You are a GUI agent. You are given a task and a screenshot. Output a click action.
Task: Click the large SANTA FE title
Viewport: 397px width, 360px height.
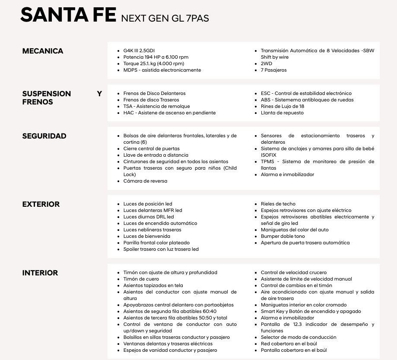[x=68, y=16]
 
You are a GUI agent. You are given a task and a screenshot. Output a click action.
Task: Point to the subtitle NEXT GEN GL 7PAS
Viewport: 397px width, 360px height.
[x=165, y=19]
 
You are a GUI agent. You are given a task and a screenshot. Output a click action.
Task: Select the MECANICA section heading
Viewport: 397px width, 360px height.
[x=43, y=51]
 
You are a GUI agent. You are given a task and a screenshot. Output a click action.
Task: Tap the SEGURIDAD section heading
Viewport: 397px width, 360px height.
[x=44, y=136]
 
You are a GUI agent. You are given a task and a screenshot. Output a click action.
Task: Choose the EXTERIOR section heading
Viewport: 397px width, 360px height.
[x=41, y=204]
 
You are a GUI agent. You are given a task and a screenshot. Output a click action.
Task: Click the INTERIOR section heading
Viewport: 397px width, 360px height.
[x=40, y=273]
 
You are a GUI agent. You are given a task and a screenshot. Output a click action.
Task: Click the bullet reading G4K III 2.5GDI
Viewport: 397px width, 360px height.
[x=139, y=51]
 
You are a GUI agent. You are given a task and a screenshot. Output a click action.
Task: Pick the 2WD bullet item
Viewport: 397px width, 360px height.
[x=266, y=63]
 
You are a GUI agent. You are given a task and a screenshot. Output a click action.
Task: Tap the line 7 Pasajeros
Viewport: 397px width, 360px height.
[x=273, y=70]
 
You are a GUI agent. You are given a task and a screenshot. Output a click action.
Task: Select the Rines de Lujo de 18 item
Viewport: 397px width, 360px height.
[x=282, y=106]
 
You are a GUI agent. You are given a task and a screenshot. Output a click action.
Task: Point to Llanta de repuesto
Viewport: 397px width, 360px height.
[x=282, y=113]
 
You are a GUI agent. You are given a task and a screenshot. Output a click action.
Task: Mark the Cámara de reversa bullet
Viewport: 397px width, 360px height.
[x=145, y=181]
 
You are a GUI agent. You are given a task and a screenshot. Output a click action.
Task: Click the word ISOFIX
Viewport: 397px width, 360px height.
[x=268, y=155]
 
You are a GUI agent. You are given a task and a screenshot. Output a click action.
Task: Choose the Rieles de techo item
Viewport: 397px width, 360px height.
[x=278, y=204]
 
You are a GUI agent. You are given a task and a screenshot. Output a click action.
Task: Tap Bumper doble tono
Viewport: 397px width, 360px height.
[x=283, y=236]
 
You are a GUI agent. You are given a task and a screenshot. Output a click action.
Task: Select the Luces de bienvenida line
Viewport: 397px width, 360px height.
[x=146, y=236]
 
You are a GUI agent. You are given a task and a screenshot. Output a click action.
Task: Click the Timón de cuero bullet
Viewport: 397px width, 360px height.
[x=141, y=279]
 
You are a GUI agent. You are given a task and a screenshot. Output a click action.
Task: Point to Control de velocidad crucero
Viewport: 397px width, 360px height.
[x=293, y=272]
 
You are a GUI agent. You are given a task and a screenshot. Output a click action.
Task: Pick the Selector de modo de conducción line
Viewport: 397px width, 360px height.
[x=298, y=337]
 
